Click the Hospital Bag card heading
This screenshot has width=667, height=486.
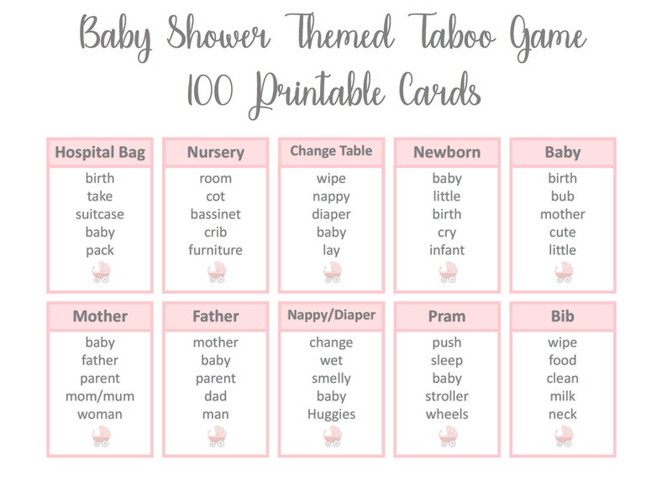(x=100, y=152)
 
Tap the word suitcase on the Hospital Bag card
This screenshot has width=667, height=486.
(x=100, y=214)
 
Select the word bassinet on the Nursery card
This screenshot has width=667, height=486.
(x=216, y=214)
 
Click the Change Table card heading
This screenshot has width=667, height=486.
(x=331, y=151)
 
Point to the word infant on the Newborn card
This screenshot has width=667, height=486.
(x=447, y=250)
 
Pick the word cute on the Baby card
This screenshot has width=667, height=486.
(x=562, y=233)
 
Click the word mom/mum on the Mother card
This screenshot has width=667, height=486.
(x=100, y=396)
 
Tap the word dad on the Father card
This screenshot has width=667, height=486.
(x=216, y=396)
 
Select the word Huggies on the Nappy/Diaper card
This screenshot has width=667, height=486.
(x=331, y=414)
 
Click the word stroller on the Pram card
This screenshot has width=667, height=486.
(x=447, y=396)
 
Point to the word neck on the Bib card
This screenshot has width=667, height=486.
(x=562, y=414)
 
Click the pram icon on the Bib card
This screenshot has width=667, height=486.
(x=562, y=436)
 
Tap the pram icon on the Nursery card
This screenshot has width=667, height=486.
(x=217, y=272)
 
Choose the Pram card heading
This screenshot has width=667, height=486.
(x=447, y=316)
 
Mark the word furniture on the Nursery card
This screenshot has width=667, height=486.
(x=216, y=250)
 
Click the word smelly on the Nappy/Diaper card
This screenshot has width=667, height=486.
(x=331, y=379)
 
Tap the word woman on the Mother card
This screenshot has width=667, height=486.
(x=100, y=414)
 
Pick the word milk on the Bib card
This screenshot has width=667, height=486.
(x=562, y=396)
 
